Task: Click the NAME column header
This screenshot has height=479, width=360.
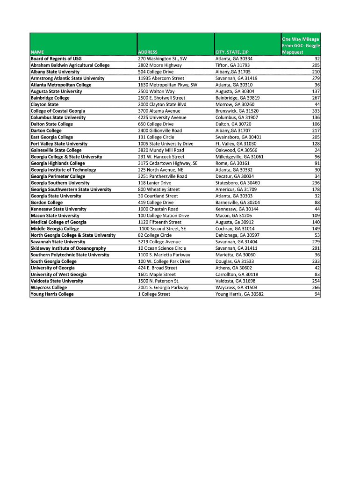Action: click(37, 52)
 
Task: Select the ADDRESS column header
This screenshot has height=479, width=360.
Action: click(148, 52)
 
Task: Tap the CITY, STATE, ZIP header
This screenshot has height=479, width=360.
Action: click(232, 52)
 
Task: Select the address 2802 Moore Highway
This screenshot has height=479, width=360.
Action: click(160, 65)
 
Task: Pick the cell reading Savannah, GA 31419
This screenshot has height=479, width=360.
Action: click(236, 78)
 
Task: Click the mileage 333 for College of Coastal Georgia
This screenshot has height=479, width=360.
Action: click(316, 111)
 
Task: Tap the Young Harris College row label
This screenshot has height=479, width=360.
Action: click(52, 294)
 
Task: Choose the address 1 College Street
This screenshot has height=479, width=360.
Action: click(154, 294)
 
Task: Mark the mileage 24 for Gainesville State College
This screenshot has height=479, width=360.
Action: click(317, 150)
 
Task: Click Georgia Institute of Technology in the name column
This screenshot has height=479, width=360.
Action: click(63, 170)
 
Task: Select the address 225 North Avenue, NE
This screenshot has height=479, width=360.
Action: click(160, 170)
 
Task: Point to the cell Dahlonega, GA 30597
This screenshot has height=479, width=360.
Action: click(237, 235)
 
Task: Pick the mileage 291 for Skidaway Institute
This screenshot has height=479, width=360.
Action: click(316, 248)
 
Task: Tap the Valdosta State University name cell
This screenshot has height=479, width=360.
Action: click(57, 281)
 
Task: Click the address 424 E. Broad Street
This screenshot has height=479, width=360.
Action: click(158, 268)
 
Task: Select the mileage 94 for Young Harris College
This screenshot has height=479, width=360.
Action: click(317, 294)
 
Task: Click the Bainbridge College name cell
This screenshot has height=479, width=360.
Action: click(50, 98)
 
